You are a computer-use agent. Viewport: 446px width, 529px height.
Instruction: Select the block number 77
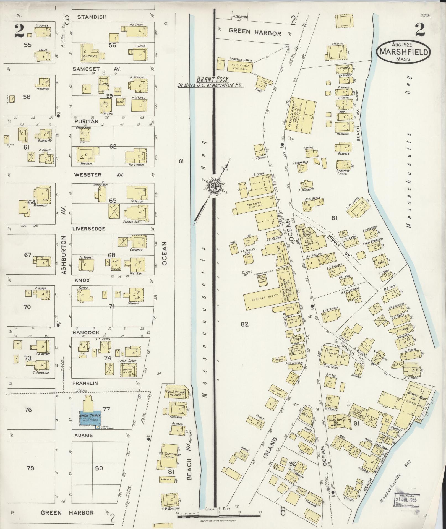106,409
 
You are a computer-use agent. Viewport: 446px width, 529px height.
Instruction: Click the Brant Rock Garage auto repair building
240,67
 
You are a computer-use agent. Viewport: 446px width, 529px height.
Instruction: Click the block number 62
113,147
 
